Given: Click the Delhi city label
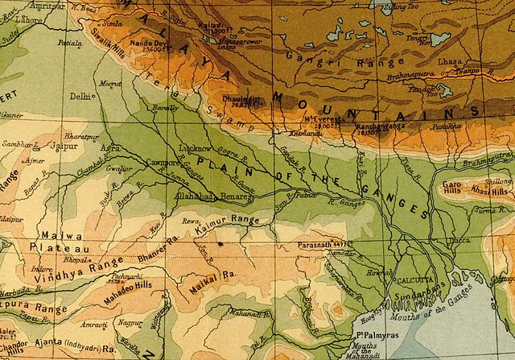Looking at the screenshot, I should pos(80,95).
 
